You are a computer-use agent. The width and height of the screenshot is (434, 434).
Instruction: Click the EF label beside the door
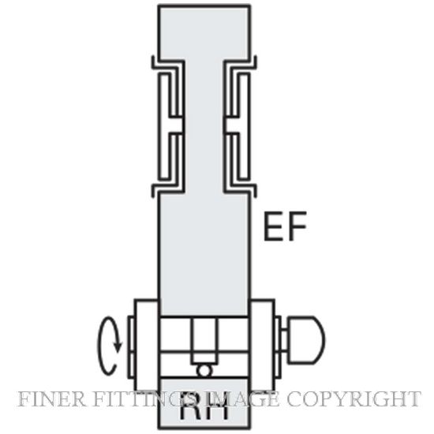tap(286, 226)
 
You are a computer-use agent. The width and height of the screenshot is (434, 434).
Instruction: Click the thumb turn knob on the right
tap(306, 339)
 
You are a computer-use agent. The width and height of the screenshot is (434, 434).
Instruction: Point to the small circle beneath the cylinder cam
tap(204, 371)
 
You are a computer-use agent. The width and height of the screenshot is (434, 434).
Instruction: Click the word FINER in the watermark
tap(52, 398)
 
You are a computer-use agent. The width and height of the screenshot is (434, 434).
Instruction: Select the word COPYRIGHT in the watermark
tap(354, 398)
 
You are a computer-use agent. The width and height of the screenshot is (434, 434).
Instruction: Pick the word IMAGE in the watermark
tap(239, 398)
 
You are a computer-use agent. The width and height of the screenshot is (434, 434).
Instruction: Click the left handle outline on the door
tap(168, 126)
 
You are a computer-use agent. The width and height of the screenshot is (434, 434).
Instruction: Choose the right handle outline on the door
tap(240, 126)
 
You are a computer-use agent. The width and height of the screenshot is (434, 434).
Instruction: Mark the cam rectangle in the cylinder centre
tap(204, 341)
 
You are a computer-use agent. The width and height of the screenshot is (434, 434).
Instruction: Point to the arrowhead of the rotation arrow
tap(118, 347)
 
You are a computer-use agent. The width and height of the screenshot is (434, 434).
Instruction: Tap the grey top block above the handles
tap(204, 32)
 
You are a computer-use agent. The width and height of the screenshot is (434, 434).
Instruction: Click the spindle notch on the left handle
tap(175, 124)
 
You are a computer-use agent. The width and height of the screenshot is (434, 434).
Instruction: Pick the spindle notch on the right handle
tap(232, 124)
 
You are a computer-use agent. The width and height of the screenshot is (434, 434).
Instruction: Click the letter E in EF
tap(274, 226)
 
